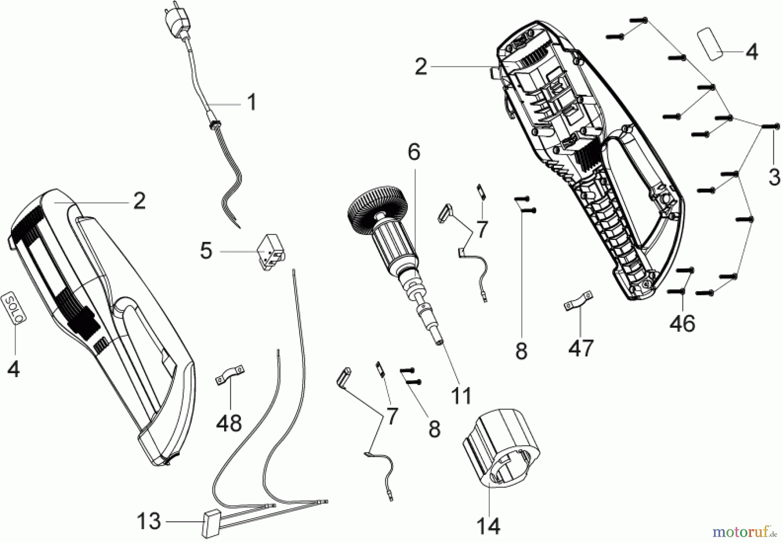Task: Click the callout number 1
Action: (x=252, y=103)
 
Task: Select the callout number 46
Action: (x=683, y=324)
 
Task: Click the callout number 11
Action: (x=461, y=396)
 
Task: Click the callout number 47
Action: (x=581, y=348)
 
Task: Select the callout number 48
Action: (x=229, y=422)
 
